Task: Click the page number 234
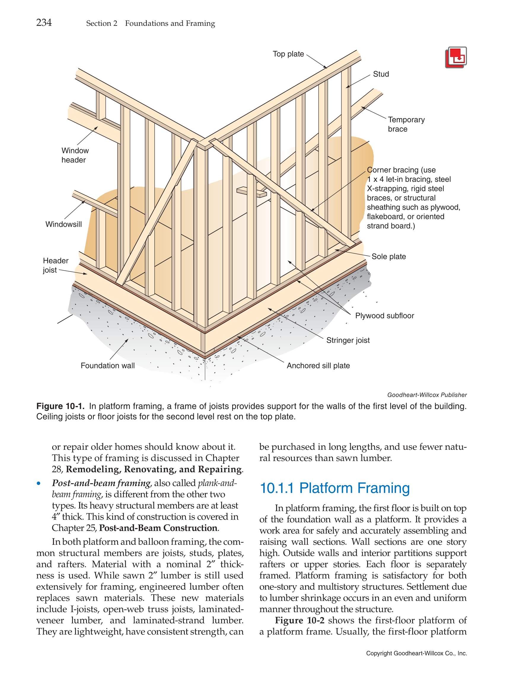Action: tap(44, 23)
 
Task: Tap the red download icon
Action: tap(455, 57)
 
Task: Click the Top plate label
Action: tap(288, 54)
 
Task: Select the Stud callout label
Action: tap(380, 74)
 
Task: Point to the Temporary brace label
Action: tap(406, 124)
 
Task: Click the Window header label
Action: tap(75, 155)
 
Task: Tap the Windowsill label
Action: tap(63, 224)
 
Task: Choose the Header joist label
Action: tap(55, 265)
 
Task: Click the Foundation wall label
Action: tap(108, 366)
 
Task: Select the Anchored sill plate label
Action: tap(318, 366)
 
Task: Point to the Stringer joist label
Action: tap(348, 340)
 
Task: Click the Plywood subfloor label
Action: tap(384, 316)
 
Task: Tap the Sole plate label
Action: tap(388, 257)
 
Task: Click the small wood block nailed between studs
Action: tap(251, 192)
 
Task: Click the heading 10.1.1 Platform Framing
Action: tap(334, 488)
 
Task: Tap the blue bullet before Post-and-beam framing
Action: tap(39, 484)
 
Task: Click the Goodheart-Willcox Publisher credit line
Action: tap(427, 395)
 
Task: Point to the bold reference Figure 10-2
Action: tap(299, 620)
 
